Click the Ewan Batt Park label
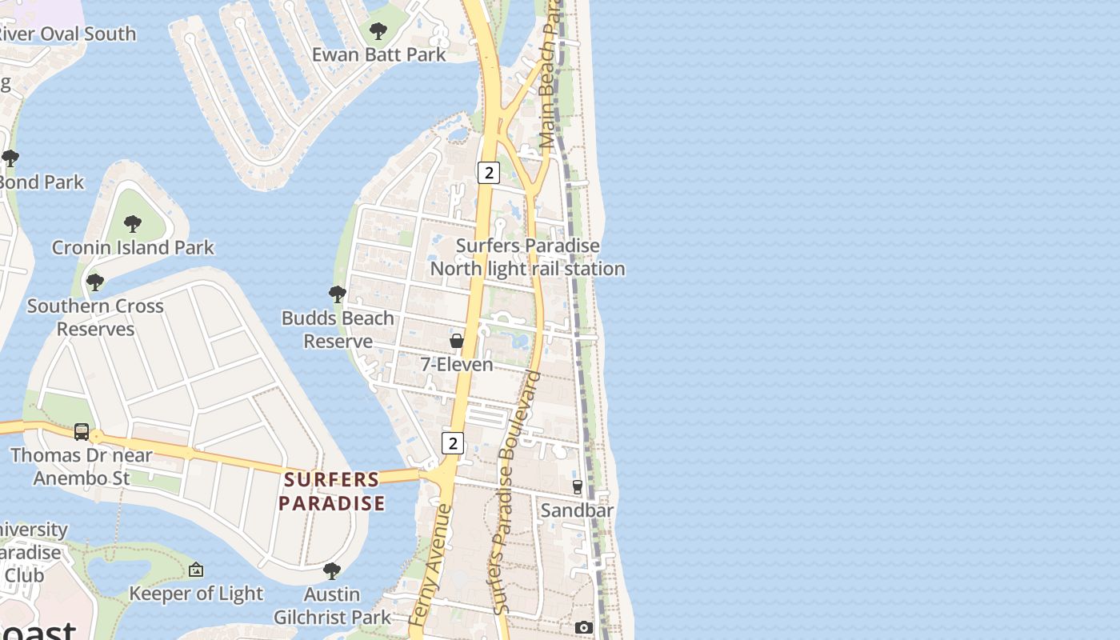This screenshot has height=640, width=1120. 378,54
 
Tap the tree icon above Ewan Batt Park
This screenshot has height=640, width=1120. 378,32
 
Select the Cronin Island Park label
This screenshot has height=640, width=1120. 133,247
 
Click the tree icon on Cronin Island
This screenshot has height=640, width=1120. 133,223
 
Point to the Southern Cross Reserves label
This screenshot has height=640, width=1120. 95,317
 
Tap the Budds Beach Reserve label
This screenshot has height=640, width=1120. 338,330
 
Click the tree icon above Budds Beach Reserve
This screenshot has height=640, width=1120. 338,294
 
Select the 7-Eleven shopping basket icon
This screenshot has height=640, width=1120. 457,341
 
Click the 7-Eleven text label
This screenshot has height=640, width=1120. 457,365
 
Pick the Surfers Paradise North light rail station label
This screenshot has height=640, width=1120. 528,257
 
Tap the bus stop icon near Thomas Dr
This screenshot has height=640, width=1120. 82,432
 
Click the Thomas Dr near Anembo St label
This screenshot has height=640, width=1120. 81,466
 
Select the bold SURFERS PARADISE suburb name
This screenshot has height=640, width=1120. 332,491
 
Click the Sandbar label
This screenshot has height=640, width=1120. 577,510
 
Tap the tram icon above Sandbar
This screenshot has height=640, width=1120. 578,486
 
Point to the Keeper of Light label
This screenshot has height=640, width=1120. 196,593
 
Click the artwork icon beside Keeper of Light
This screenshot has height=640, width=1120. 196,570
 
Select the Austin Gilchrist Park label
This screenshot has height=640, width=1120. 332,606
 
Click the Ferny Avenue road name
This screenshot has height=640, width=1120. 430,564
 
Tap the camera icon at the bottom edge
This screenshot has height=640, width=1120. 584,628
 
